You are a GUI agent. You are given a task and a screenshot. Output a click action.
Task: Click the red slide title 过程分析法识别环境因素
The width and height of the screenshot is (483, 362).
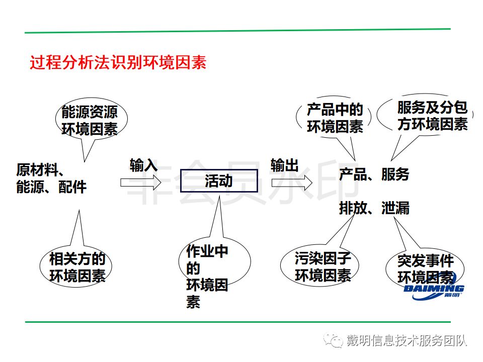[x=118, y=64]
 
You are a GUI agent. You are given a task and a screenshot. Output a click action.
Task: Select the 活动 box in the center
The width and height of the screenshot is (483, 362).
[x=219, y=181]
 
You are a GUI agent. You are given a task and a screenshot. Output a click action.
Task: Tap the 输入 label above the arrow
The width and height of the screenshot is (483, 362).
[x=143, y=165]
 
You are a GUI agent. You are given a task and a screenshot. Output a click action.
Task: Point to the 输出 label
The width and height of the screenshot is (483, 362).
[x=285, y=165]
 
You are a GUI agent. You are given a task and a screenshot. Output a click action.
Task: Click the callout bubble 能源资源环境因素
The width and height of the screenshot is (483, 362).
[x=90, y=121]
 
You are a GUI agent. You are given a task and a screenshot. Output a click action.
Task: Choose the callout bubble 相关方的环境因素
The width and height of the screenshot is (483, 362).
[x=77, y=267]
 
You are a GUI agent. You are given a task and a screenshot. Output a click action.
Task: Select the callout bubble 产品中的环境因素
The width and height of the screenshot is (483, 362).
[x=335, y=119]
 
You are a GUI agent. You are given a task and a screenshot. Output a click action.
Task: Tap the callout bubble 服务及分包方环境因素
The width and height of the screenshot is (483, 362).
[x=430, y=116]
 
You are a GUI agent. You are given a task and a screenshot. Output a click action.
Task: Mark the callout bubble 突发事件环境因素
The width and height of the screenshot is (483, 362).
[x=425, y=269]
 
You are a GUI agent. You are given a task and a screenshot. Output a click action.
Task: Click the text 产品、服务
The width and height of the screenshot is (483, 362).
[x=374, y=174]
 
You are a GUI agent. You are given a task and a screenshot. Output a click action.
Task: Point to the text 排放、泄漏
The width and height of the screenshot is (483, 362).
[x=374, y=208]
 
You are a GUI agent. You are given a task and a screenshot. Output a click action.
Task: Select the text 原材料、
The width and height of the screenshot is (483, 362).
[x=42, y=169]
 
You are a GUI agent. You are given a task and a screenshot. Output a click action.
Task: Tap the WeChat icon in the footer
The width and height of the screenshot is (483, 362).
[x=333, y=341]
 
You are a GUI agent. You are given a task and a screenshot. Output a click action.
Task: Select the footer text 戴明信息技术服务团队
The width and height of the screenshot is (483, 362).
[x=407, y=341]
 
